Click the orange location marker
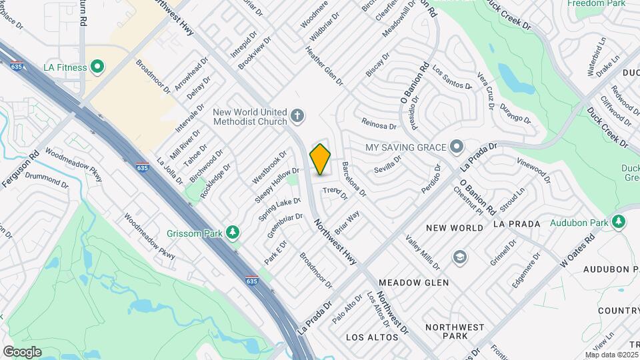tap(321, 159)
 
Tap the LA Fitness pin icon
tap(97, 67)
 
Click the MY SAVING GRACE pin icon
tap(457, 146)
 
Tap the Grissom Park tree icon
tap(233, 233)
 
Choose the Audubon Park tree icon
tap(619, 222)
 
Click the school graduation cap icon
tap(459, 257)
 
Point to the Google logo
tap(22, 351)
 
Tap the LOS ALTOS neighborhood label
tap(372, 337)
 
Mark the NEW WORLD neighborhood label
tap(454, 228)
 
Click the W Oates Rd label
tap(577, 249)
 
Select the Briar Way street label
tap(347, 221)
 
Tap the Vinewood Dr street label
tap(534, 170)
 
